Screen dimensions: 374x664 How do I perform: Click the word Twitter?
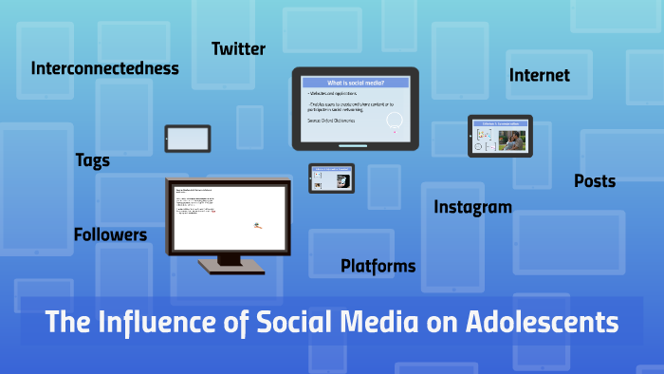238,48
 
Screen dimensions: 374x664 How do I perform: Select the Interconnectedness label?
104,68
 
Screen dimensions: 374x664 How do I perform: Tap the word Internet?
539,75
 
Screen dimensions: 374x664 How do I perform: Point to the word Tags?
92,160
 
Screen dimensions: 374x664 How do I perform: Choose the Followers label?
110,234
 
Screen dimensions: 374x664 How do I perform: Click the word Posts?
595,181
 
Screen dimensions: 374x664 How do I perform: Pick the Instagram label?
472,207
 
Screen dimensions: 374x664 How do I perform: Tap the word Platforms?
378,266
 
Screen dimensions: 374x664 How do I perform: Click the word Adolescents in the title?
543,323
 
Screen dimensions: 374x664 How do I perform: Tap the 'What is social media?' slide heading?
355,83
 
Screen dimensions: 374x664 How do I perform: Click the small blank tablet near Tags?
187,138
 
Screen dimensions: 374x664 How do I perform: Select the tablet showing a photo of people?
500,136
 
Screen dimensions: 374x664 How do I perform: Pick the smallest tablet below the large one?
331,178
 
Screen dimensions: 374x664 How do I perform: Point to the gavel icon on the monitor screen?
256,225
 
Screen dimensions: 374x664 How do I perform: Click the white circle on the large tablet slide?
395,121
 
